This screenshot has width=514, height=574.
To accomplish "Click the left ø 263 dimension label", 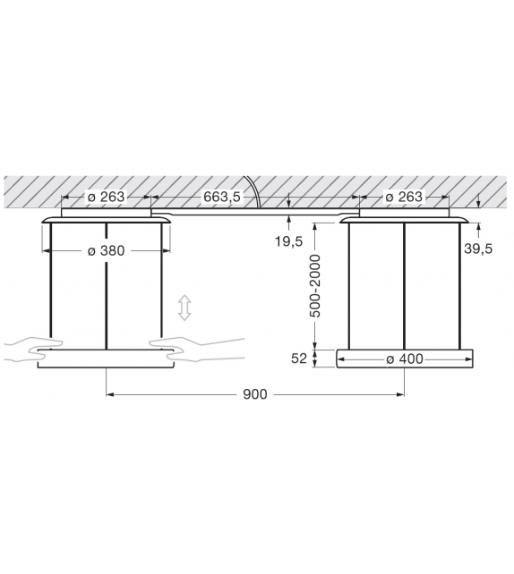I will pyautogui.click(x=105, y=197).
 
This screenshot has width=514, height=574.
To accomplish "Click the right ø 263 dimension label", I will pyautogui.click(x=404, y=197).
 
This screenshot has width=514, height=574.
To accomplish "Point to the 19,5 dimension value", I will pyautogui.click(x=289, y=241).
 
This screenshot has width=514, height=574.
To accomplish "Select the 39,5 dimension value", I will pyautogui.click(x=478, y=249).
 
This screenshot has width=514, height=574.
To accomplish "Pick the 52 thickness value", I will pyautogui.click(x=298, y=359).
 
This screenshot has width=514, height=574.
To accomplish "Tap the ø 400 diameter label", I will pyautogui.click(x=404, y=359).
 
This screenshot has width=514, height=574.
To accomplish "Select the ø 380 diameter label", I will pyautogui.click(x=106, y=251).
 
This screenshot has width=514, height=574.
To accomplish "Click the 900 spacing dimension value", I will pyautogui.click(x=255, y=393).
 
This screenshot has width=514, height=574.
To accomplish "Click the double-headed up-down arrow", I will pyautogui.click(x=184, y=308).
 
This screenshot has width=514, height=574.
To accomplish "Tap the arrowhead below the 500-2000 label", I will pyautogui.click(x=315, y=343).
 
